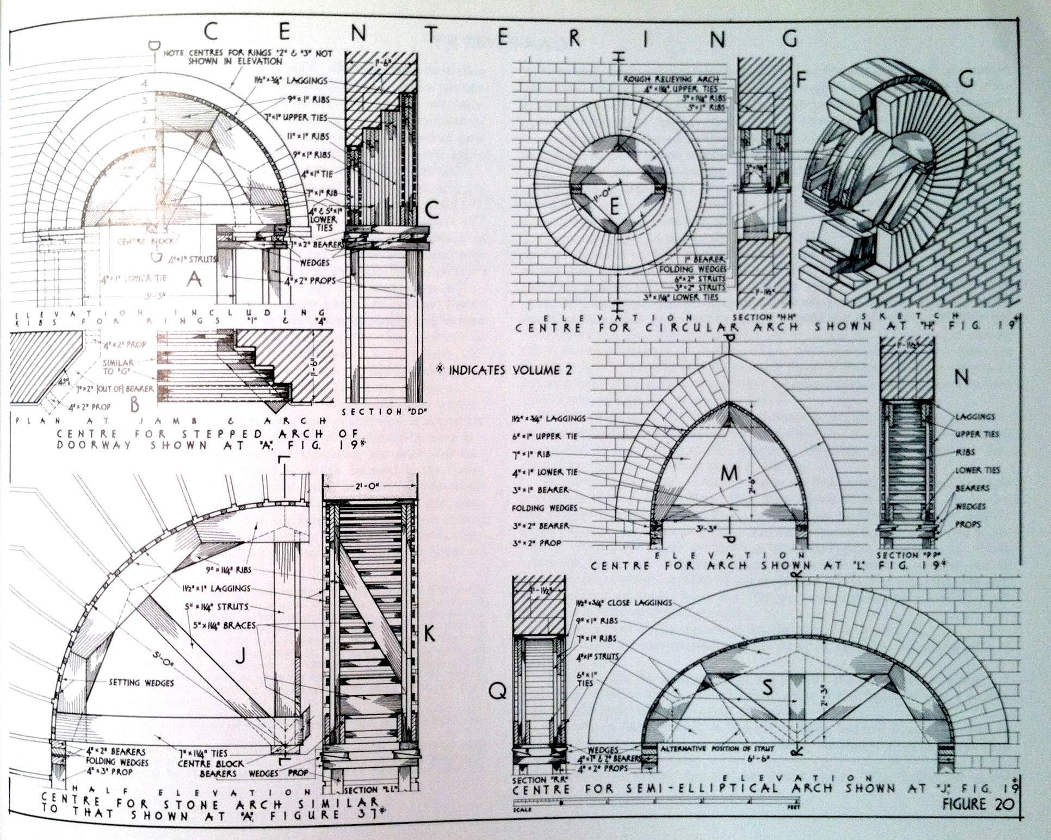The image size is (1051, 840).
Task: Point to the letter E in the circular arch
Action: pos(615,207)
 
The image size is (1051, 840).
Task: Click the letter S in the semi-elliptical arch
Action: pos(767,688)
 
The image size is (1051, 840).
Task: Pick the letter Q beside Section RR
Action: pos(497,691)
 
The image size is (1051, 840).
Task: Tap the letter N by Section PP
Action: pos(961,377)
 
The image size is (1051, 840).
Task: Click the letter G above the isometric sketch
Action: pos(966,81)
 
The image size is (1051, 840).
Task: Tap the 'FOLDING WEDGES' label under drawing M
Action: pos(545,508)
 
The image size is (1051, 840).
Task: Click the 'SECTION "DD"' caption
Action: pos(385,412)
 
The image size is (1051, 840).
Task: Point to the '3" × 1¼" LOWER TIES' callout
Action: pos(687,297)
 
